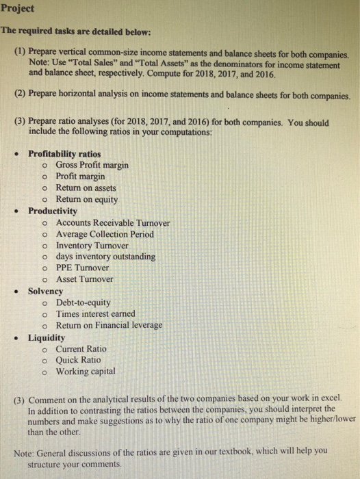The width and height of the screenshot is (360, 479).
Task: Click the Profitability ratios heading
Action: coord(64,154)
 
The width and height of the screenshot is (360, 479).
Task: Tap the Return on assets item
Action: coord(86,187)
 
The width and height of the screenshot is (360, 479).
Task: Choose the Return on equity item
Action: coord(87,199)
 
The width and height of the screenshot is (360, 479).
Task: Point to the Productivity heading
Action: coord(53,211)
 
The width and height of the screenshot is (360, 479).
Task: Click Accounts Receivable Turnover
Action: coord(113,222)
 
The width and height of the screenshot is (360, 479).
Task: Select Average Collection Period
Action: coord(105,234)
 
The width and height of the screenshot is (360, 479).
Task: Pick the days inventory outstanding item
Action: coord(105,257)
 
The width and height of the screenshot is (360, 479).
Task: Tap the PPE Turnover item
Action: coord(82,268)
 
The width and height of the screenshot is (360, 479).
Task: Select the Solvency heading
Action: coord(45,291)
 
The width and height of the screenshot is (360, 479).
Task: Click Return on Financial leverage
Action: coord(109,325)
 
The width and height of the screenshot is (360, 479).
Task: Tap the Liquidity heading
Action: coord(47,337)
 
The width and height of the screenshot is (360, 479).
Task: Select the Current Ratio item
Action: coord(81,348)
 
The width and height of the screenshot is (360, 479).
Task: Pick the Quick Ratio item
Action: coord(78,359)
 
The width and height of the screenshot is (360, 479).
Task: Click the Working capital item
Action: coord(86,371)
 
